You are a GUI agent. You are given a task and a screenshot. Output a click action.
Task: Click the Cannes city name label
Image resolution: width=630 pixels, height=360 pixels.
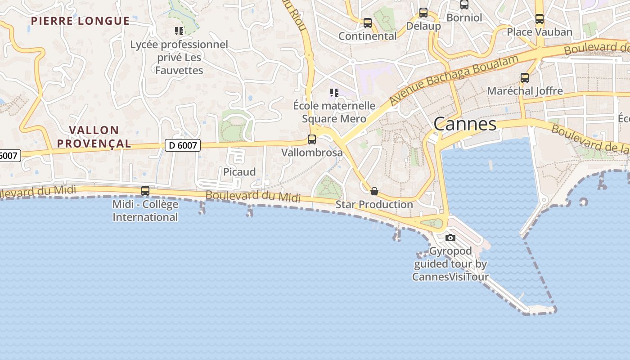pyautogui.click(x=465, y=124)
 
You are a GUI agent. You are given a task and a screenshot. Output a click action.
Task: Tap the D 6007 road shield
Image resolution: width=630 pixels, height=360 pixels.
pyautogui.click(x=182, y=145)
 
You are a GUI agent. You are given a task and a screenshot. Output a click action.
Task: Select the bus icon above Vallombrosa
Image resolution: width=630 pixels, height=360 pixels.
pyautogui.click(x=312, y=139)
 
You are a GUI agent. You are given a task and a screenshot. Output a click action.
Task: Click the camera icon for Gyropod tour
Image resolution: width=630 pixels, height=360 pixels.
pyautogui.click(x=450, y=238)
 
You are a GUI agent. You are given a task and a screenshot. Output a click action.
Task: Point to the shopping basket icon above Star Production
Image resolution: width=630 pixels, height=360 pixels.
pyautogui.click(x=374, y=191)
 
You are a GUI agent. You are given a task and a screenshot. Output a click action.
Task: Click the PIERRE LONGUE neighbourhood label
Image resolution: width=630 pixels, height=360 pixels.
pyautogui.click(x=81, y=21)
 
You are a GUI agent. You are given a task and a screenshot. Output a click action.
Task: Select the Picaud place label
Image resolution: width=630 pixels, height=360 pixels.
pyautogui.click(x=239, y=172)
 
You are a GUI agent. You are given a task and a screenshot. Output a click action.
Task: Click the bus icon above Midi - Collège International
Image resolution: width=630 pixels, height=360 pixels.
pyautogui.click(x=145, y=191)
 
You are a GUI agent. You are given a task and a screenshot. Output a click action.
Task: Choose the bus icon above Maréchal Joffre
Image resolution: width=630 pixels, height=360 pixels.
pyautogui.click(x=525, y=77)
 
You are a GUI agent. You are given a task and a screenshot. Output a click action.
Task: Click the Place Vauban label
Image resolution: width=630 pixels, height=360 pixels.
pyautogui.click(x=540, y=32)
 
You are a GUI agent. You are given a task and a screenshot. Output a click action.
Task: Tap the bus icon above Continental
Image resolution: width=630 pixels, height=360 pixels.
pyautogui.click(x=368, y=23)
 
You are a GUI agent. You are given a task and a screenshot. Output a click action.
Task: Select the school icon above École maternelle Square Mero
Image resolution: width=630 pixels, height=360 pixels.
pyautogui.click(x=334, y=93)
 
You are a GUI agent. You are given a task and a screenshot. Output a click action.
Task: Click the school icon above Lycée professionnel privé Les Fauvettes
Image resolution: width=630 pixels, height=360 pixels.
pyautogui.click(x=179, y=31)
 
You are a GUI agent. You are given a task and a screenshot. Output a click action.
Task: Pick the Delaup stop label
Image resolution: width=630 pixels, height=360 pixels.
pyautogui.click(x=423, y=26)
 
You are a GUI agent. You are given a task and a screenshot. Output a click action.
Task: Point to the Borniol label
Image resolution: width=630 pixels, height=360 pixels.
pyautogui.click(x=464, y=18)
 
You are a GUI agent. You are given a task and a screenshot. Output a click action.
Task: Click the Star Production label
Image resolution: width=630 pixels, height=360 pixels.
pyautogui.click(x=374, y=204)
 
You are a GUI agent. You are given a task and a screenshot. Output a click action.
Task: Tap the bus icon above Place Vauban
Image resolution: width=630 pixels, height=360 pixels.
pyautogui.click(x=540, y=19)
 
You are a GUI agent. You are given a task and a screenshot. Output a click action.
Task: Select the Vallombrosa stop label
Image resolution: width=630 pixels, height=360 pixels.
pyautogui.click(x=312, y=153)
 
